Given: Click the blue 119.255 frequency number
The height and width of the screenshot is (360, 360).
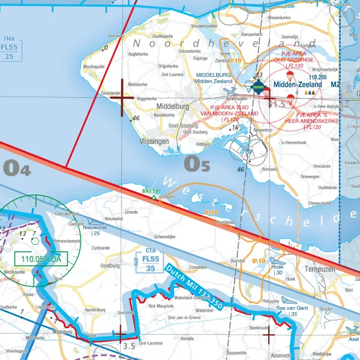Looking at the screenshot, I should (317, 77).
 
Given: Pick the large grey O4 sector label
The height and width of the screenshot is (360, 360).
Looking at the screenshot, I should (17, 169).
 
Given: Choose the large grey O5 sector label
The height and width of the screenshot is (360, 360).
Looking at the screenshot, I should (197, 163).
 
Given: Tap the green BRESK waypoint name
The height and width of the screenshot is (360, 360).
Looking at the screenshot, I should (150, 191).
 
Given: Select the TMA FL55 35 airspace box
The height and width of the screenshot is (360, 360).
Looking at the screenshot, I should (9, 47).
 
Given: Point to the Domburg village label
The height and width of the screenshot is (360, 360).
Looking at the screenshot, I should (115, 36).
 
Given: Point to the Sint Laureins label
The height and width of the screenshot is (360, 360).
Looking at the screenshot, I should (151, 344).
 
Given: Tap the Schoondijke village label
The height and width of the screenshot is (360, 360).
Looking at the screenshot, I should (165, 237).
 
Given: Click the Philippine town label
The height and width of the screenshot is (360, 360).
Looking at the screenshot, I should (271, 302).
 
